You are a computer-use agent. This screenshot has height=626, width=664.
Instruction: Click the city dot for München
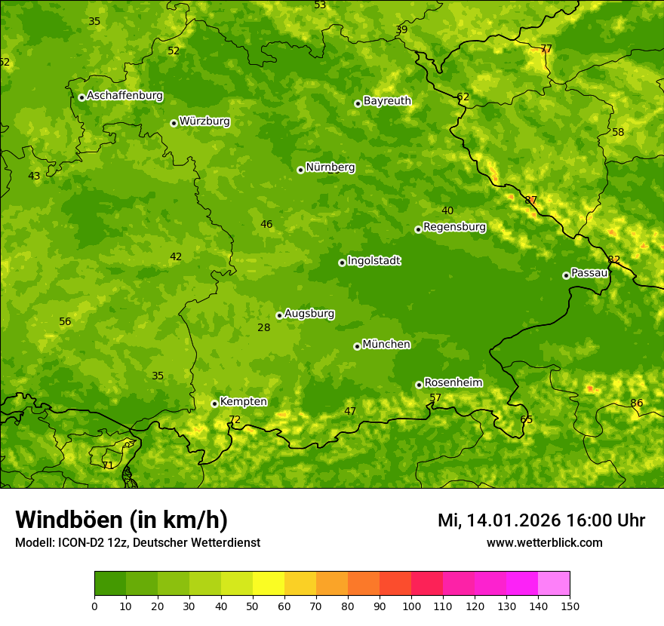click(x=357, y=346)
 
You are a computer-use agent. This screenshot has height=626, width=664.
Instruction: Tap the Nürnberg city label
click(x=330, y=167)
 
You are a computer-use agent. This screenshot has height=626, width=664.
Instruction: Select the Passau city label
click(x=589, y=273)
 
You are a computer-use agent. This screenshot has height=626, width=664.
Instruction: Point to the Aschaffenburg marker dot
click(x=81, y=97)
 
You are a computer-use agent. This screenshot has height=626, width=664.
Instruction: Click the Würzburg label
click(x=204, y=121)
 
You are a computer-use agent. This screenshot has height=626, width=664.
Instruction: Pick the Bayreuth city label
click(x=387, y=101)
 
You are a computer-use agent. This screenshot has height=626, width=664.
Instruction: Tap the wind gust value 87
click(x=531, y=201)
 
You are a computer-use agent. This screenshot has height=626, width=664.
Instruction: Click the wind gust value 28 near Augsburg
click(x=263, y=328)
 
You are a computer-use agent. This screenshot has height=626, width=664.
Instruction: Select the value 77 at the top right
click(x=546, y=49)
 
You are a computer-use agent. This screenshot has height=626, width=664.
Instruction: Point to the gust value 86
click(x=637, y=404)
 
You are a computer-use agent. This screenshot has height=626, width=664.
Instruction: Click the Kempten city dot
click(x=214, y=404)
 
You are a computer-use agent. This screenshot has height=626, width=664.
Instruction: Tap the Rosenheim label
click(x=453, y=383)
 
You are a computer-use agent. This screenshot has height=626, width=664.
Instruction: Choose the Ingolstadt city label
click(x=373, y=261)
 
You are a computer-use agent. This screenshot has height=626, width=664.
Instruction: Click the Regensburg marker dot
click(x=418, y=229)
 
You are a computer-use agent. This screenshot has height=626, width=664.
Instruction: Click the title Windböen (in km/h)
click(x=121, y=520)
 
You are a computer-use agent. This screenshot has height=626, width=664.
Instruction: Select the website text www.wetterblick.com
click(x=544, y=543)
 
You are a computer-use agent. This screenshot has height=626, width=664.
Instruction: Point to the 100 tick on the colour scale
click(x=411, y=606)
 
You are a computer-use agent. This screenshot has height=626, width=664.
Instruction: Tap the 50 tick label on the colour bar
click(x=253, y=606)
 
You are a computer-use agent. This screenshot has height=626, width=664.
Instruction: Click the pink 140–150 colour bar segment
click(x=554, y=584)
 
